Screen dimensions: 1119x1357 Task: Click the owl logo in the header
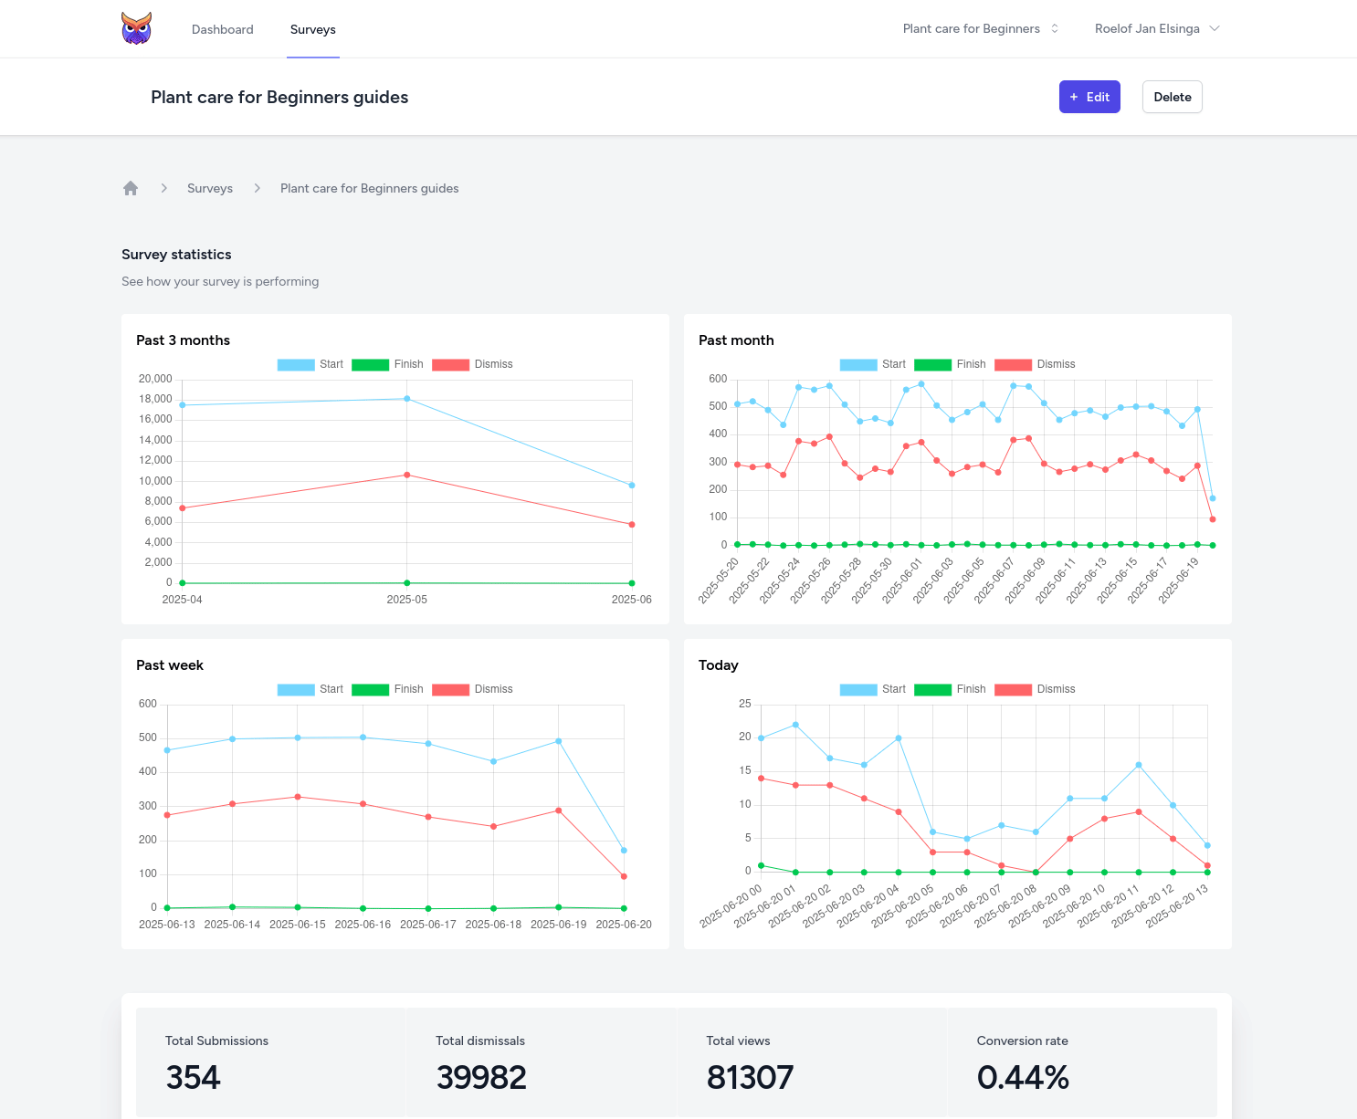coord(136,28)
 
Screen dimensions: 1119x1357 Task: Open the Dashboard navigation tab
coord(222,29)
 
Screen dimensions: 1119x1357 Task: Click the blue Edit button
coord(1089,97)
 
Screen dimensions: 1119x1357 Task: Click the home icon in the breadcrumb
coord(131,188)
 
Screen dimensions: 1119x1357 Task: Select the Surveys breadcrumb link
coord(209,188)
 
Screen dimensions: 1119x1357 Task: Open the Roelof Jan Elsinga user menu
coord(1156,28)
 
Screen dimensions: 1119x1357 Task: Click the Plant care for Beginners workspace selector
coord(980,28)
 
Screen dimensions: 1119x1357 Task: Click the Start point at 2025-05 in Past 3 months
coord(407,399)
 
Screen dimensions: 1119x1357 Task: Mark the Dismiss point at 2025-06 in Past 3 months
coord(632,525)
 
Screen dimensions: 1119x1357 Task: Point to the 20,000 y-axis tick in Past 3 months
coord(155,379)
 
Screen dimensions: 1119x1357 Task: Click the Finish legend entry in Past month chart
coord(951,364)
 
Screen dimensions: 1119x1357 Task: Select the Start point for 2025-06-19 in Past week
coord(559,741)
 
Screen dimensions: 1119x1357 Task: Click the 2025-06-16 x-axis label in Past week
coord(363,925)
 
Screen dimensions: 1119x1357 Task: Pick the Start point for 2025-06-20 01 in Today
coord(795,725)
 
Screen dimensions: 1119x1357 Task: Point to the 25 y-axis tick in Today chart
coord(745,704)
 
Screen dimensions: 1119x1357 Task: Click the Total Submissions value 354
coord(193,1077)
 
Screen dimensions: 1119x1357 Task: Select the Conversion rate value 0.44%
coord(1023,1077)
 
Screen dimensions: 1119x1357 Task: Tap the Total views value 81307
coord(750,1077)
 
